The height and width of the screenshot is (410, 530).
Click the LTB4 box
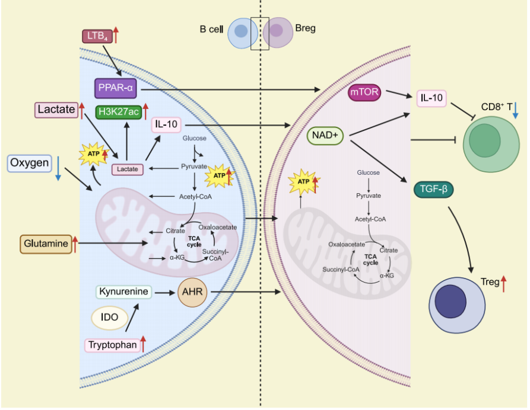tap(96, 37)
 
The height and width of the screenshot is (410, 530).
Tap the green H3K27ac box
tap(118, 111)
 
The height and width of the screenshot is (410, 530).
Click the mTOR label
tap(364, 93)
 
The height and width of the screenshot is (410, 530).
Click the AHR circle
tap(192, 292)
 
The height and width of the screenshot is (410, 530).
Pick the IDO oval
tap(109, 318)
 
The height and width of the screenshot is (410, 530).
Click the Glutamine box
tap(46, 244)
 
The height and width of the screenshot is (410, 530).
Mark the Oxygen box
tap(29, 163)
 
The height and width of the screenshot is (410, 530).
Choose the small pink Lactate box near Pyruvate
tap(128, 169)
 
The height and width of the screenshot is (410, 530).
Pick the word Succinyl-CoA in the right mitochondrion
tap(341, 269)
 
